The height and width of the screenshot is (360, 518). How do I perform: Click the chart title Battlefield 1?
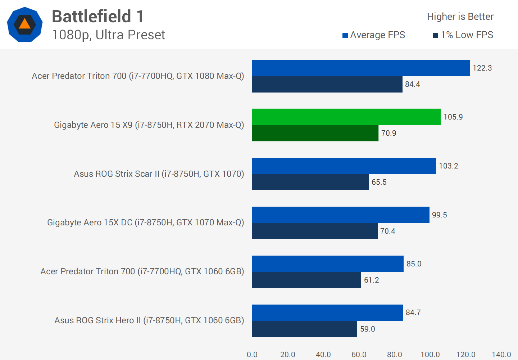[98, 17]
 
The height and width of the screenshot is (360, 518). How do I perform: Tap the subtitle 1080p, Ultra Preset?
[108, 35]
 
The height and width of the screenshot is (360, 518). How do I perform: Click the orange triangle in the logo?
[24, 24]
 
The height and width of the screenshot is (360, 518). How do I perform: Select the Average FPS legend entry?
[374, 35]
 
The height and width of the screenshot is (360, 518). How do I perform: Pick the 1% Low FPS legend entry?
[463, 35]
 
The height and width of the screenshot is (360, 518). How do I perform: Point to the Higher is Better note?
[460, 17]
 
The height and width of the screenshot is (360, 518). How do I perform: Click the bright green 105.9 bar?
[346, 117]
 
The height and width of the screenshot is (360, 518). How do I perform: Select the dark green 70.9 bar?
[315, 133]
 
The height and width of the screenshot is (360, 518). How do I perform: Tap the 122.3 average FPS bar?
[361, 68]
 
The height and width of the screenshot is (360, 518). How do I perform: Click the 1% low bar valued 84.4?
[327, 84]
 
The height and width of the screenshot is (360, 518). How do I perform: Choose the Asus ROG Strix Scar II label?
[159, 174]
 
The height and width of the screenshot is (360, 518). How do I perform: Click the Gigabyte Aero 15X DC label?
[145, 222]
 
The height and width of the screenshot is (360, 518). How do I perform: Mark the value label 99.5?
[439, 215]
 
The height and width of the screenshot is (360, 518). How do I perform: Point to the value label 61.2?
[371, 280]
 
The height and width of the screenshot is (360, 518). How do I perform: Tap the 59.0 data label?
[367, 329]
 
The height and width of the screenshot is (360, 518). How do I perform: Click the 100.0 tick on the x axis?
[430, 355]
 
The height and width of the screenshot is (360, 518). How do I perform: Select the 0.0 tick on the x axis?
[252, 355]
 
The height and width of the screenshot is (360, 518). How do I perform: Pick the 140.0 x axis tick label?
[501, 355]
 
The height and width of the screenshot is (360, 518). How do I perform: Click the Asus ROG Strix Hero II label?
[149, 320]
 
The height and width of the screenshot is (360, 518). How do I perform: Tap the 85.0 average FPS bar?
[328, 264]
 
